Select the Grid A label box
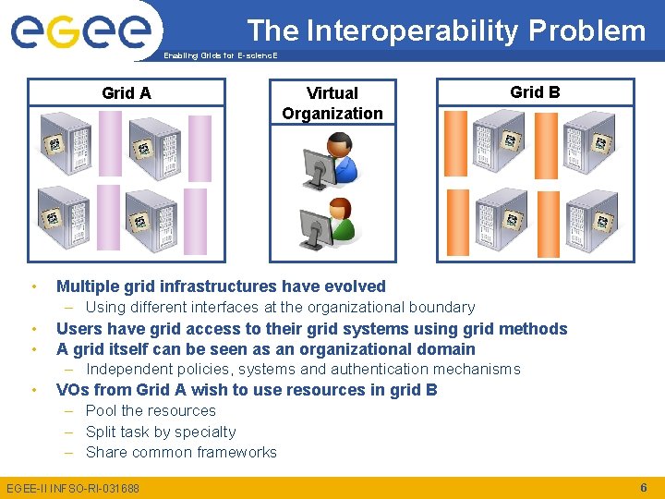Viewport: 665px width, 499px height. [127, 92]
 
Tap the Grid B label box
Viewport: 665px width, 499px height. [535, 91]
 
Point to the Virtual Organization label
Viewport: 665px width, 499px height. [332, 103]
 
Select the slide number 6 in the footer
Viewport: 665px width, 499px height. [643, 487]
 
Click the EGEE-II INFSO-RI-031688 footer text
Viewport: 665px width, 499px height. [73, 488]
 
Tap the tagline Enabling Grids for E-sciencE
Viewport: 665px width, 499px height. [220, 55]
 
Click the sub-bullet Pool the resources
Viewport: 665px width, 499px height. [151, 410]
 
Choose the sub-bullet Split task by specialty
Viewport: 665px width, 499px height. [161, 432]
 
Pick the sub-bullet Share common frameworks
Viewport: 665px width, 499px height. [181, 452]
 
